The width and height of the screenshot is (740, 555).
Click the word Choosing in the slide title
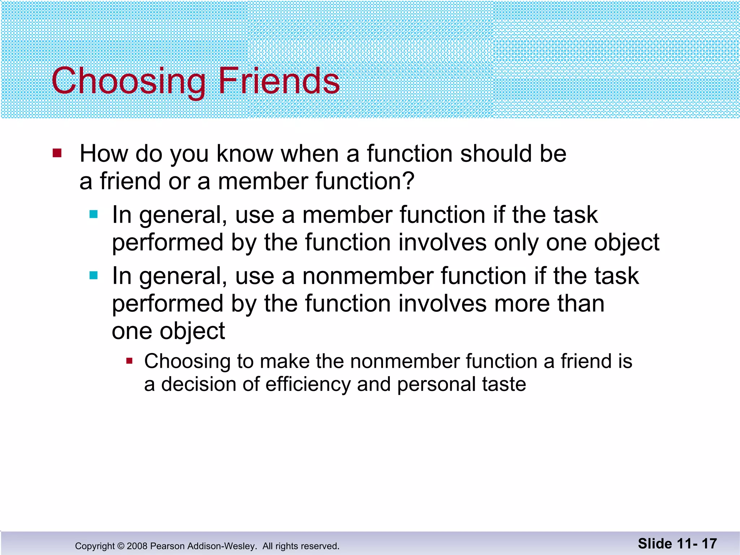coord(128,81)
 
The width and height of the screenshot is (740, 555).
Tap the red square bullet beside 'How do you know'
coord(57,153)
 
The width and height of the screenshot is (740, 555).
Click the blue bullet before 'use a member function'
coord(94,215)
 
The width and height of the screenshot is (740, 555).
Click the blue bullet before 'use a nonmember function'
coord(94,276)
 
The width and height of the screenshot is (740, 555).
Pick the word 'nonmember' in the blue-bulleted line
coord(367,276)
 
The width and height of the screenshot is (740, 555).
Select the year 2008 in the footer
coord(137,546)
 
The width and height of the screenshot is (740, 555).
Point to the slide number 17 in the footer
coord(709,543)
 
